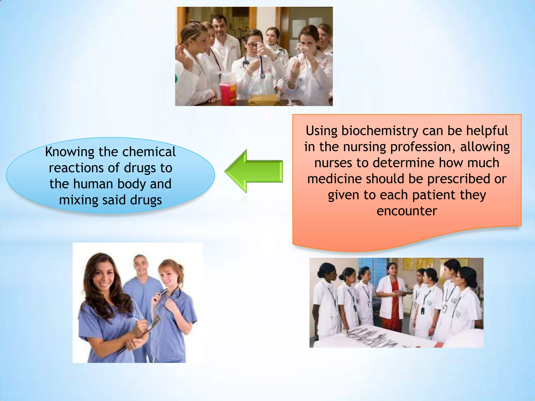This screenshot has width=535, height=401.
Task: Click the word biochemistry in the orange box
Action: (380, 131)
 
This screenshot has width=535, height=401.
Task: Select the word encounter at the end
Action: (407, 211)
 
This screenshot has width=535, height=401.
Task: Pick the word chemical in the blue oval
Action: (149, 152)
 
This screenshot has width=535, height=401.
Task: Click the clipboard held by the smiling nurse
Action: (152, 325)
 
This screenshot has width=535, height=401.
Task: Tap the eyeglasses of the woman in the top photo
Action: (252, 45)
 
